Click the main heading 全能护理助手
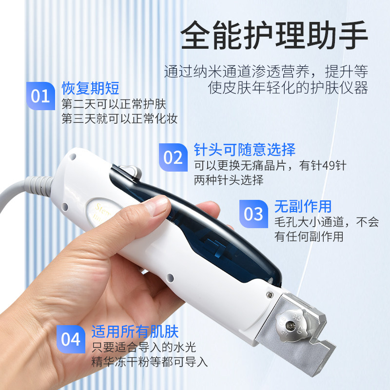[274, 36]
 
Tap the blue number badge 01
[40, 96]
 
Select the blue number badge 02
[173, 157]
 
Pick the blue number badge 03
[253, 214]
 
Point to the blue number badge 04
[71, 339]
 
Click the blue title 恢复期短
[90, 88]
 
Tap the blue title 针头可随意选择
[245, 149]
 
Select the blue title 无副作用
[303, 205]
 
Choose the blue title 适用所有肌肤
[135, 332]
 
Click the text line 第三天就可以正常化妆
[119, 119]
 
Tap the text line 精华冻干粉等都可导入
[150, 362]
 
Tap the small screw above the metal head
[270, 293]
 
